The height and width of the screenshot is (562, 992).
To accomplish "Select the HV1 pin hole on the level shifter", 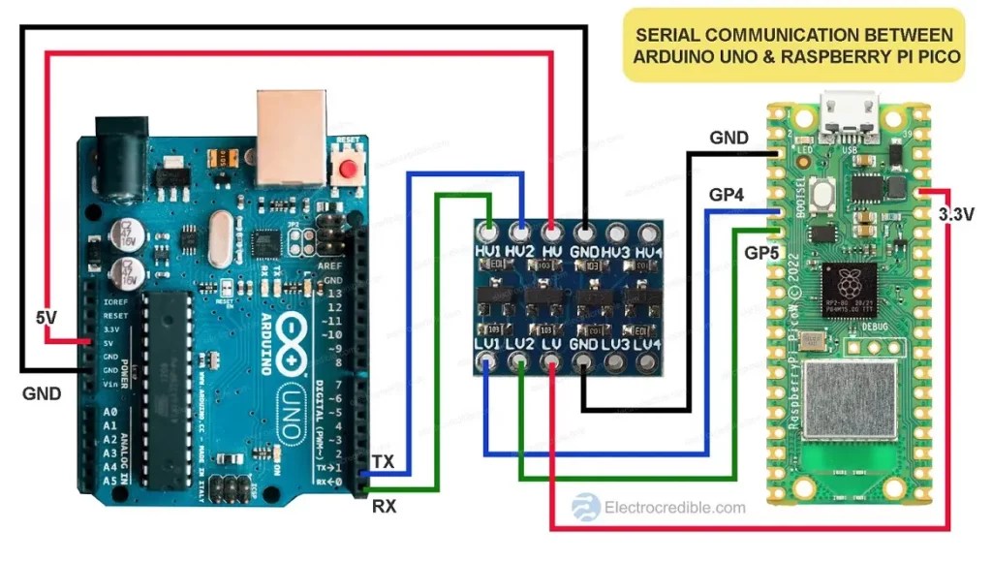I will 489,233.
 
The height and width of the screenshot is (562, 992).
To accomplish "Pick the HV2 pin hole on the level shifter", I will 521,233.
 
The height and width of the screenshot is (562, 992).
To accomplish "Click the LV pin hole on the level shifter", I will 551,363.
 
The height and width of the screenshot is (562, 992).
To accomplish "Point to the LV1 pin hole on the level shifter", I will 489,363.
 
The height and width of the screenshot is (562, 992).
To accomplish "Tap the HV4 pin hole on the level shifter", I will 646,233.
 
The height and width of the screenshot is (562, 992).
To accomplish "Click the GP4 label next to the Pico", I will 726,194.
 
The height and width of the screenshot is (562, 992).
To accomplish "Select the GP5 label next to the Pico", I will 760,252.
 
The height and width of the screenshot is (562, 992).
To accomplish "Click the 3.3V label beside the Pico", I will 955,215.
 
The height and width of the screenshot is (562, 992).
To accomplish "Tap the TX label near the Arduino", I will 384,462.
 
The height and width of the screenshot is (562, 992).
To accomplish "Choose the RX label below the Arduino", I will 384,505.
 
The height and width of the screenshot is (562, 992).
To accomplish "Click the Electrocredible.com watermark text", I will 674,507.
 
